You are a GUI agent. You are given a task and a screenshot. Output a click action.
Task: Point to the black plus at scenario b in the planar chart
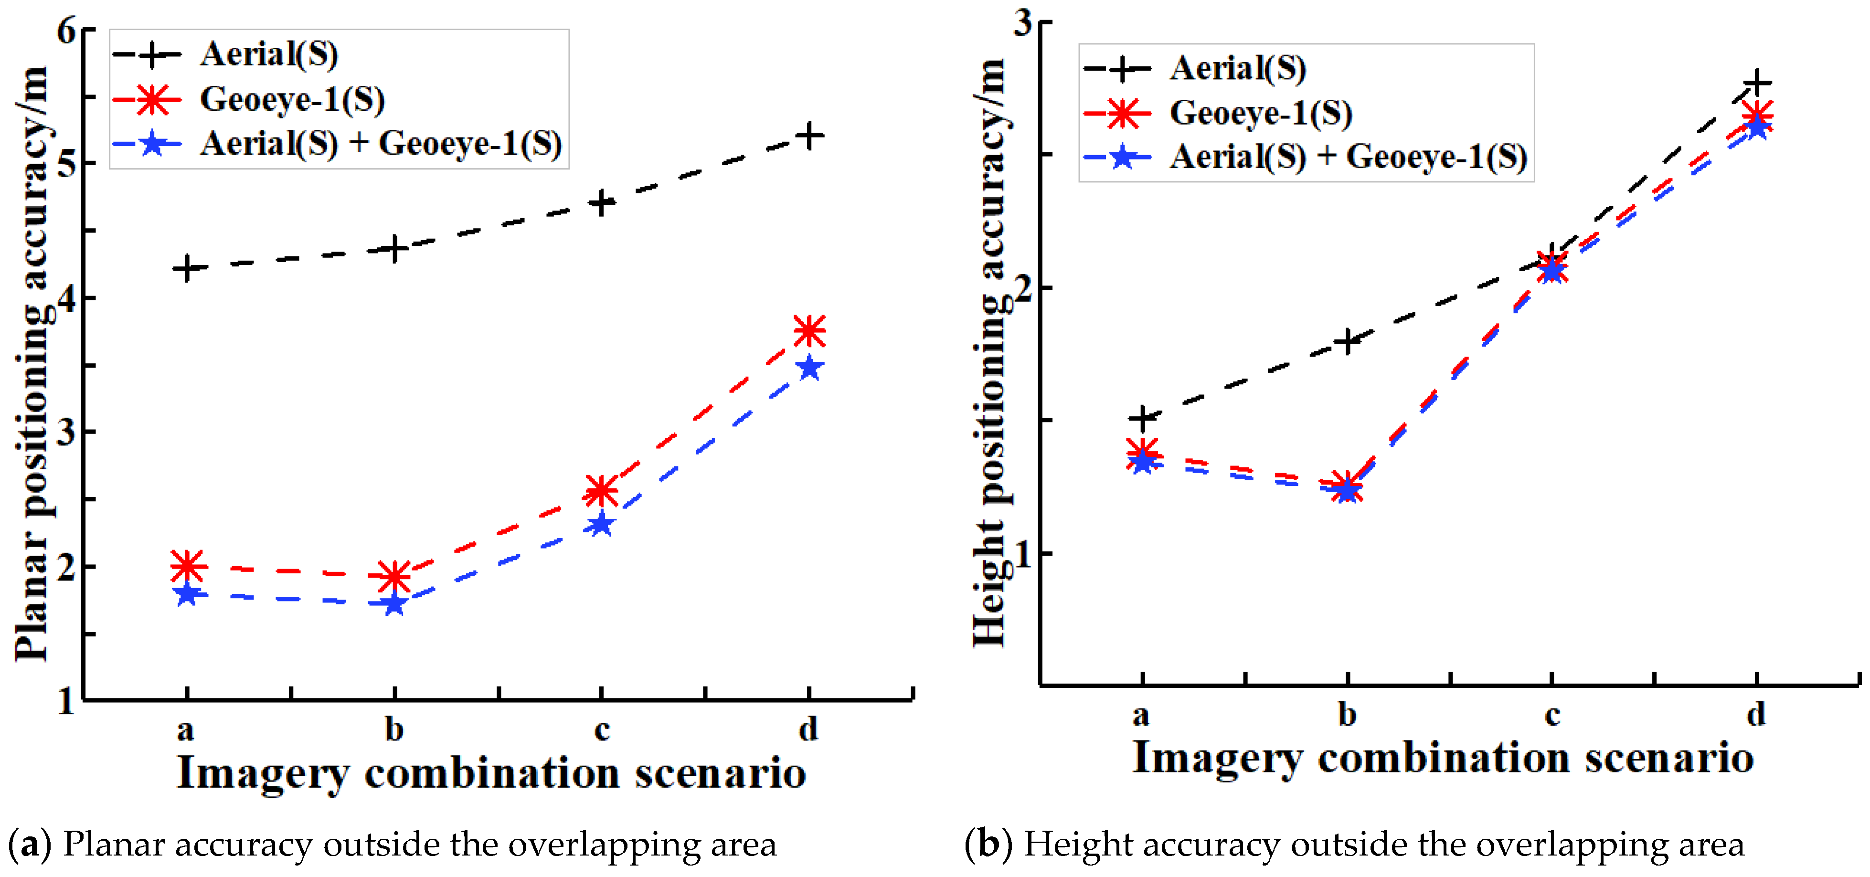(394, 249)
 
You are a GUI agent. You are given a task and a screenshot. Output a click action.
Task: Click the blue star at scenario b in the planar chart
(394, 604)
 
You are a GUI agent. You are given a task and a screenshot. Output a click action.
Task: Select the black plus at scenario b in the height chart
(1347, 341)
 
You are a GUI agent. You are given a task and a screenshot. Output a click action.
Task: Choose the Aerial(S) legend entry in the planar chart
(268, 54)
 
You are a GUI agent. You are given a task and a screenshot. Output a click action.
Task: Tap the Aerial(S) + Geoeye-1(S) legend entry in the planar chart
(381, 144)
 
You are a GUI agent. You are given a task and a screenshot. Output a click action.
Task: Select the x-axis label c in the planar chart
(602, 729)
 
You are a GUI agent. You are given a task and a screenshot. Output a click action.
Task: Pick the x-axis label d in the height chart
(1756, 714)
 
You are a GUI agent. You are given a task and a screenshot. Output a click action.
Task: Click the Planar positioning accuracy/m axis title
(32, 363)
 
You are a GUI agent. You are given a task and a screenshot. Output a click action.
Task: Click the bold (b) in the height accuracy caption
(988, 845)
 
